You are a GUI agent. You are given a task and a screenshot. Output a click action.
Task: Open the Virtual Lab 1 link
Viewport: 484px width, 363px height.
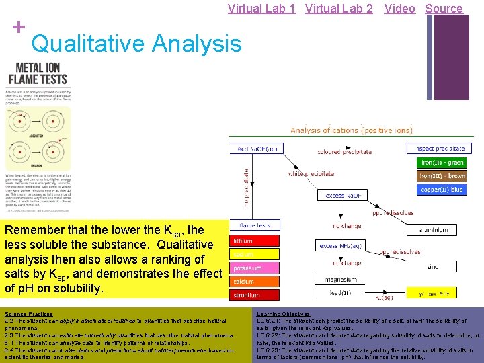[262, 9]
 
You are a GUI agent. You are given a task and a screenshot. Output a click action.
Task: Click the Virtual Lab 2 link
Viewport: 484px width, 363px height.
[339, 9]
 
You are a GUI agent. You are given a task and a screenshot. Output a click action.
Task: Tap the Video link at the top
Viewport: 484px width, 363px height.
[399, 9]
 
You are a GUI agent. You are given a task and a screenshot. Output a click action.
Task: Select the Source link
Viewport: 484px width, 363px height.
[444, 9]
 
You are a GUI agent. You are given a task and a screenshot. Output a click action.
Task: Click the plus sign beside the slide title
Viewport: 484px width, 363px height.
[18, 27]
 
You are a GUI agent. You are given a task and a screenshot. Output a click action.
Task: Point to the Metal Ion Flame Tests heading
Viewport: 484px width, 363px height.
[38, 73]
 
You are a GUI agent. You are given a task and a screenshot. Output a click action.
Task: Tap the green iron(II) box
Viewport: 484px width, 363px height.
[442, 163]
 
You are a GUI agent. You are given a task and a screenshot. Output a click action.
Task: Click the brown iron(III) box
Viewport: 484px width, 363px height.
[442, 176]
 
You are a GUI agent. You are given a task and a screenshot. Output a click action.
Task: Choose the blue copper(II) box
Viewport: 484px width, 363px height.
[442, 190]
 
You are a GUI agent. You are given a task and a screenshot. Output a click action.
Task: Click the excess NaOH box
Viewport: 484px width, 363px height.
[345, 195]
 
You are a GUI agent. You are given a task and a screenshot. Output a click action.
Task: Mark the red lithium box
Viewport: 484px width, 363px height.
[255, 240]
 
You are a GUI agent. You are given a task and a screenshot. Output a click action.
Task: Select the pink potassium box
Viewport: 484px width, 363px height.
[255, 268]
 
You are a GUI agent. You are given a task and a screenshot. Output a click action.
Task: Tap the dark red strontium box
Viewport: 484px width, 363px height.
[255, 294]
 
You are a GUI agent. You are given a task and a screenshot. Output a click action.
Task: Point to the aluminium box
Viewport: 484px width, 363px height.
[433, 230]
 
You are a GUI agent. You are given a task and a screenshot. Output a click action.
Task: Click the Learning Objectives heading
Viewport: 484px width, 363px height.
[284, 314]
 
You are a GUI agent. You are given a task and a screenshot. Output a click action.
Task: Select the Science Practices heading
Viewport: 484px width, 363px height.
[28, 314]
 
